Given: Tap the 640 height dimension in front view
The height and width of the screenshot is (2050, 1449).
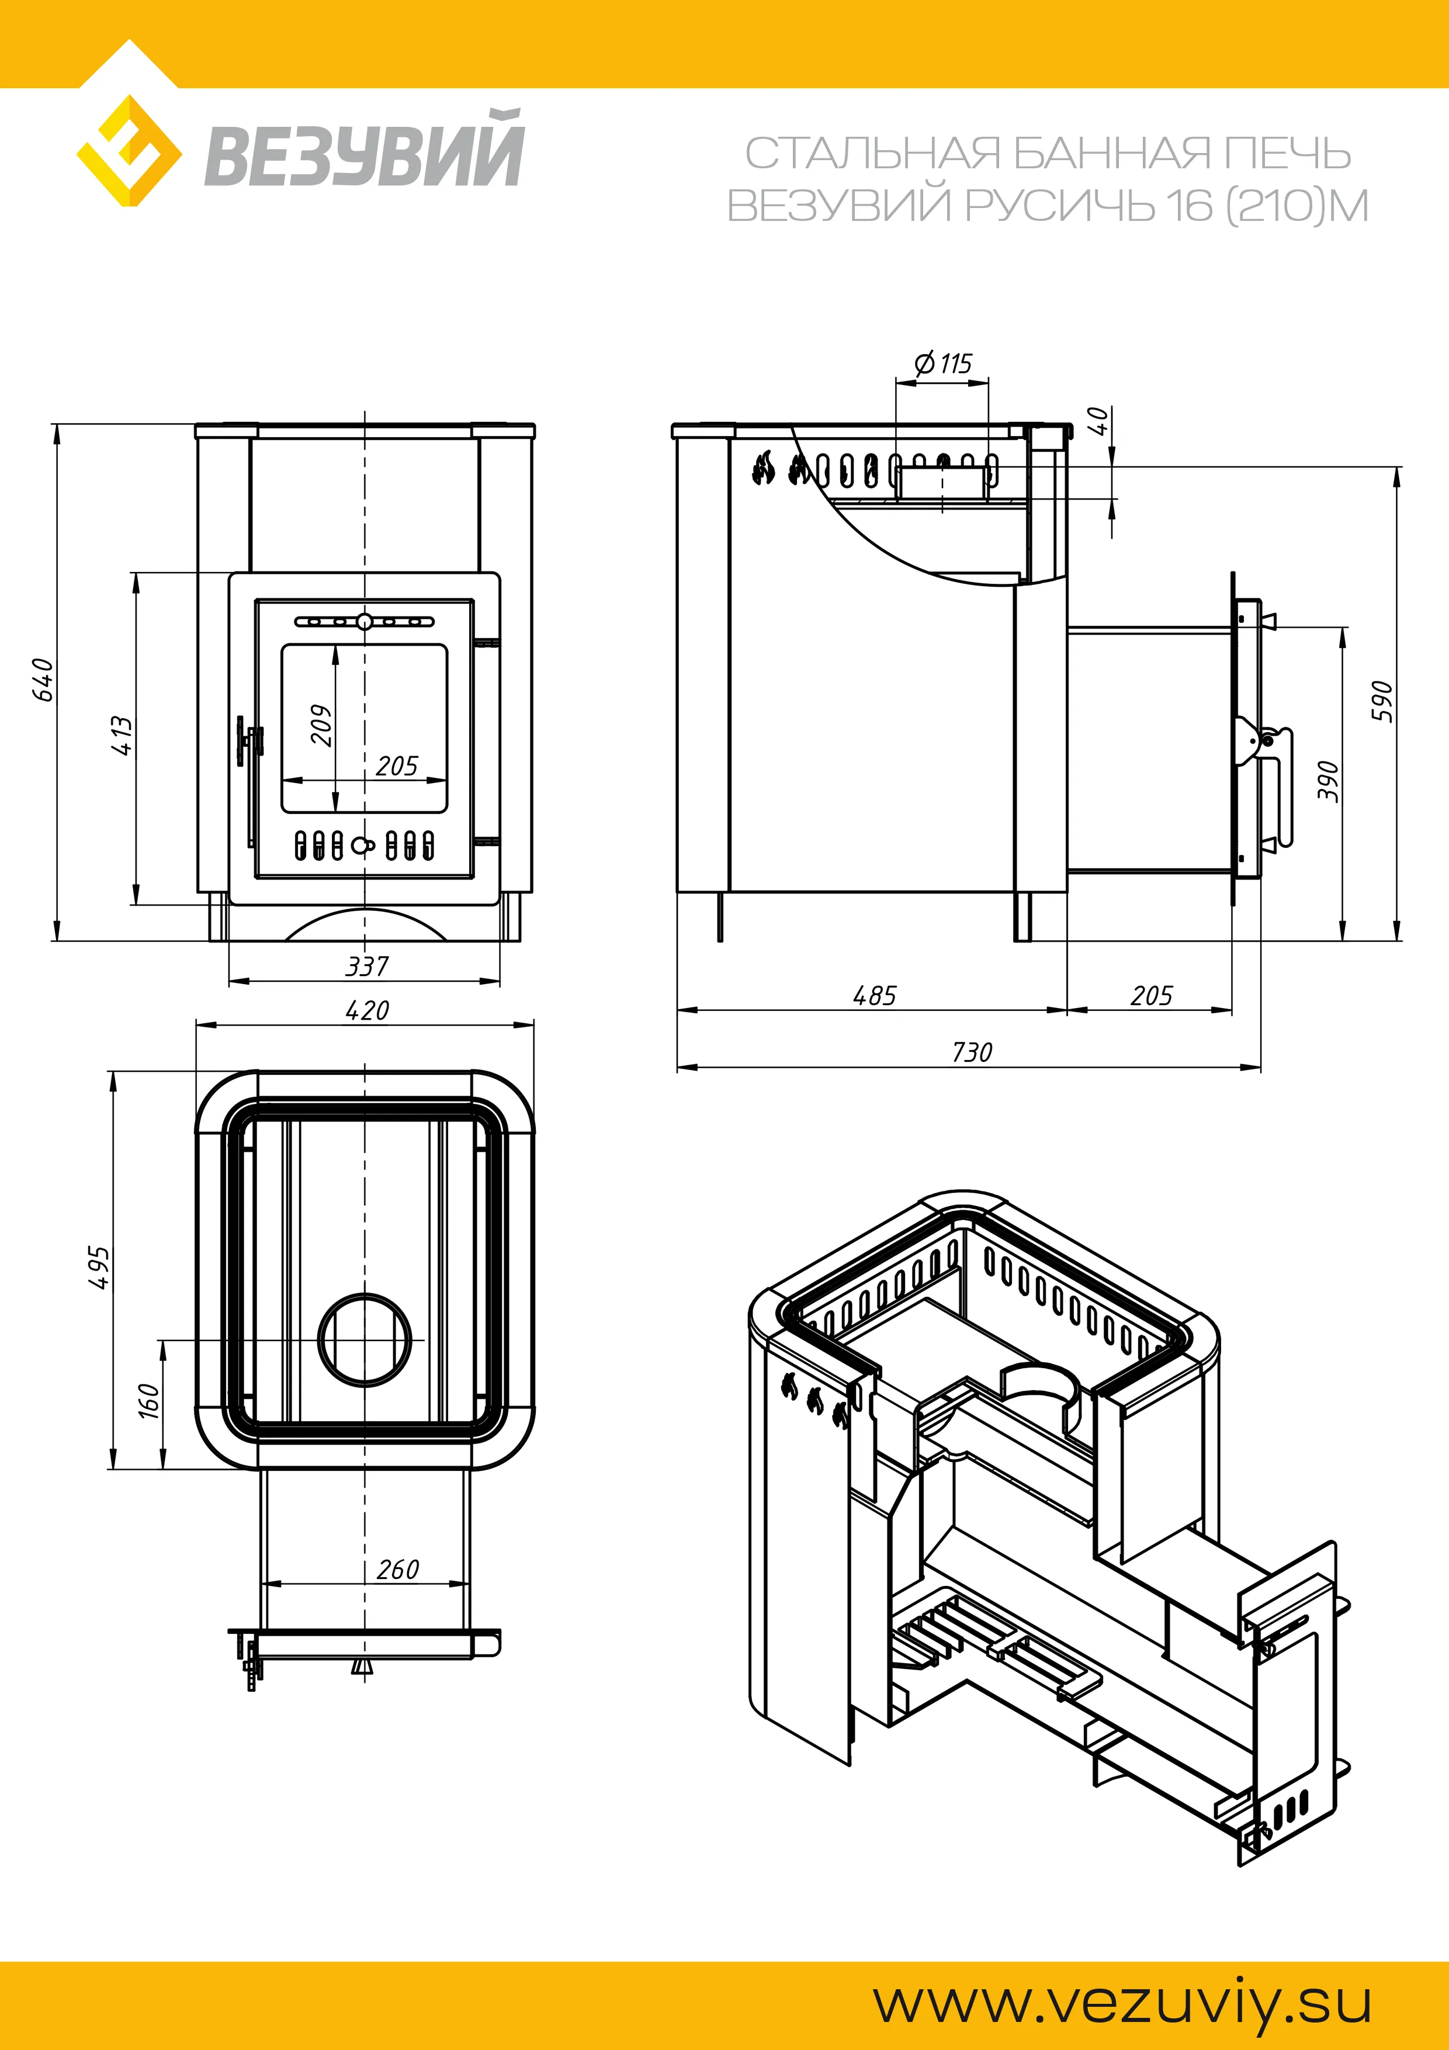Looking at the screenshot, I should coord(43,680).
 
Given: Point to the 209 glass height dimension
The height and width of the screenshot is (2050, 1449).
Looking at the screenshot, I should coord(321,725).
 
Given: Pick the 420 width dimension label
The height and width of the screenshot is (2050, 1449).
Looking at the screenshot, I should coord(367,1011).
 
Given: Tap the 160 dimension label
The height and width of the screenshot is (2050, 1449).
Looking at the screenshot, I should coord(149,1400).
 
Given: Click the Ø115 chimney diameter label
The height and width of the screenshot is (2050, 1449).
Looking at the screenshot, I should coord(943,363).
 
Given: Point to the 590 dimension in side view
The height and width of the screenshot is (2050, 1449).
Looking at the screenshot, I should coord(1381,701).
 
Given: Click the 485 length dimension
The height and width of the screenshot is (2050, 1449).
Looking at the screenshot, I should coord(874,996).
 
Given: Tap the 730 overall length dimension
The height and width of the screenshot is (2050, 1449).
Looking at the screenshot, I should coord(972,1052).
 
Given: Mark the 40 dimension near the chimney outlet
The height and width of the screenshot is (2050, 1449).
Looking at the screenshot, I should coord(1101,421).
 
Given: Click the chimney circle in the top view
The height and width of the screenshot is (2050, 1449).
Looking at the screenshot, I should coord(364,1339).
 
